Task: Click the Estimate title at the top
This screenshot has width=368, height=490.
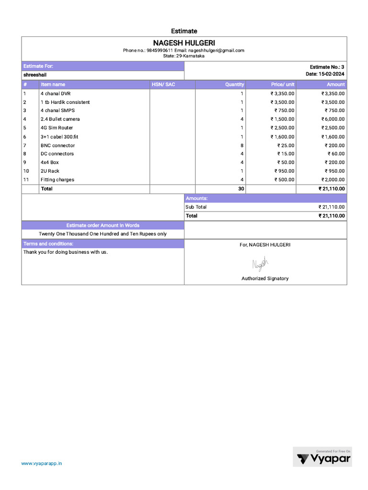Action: pyautogui.click(x=184, y=31)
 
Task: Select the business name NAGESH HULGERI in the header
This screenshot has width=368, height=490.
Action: pyautogui.click(x=184, y=43)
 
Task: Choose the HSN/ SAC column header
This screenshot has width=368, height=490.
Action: pyautogui.click(x=163, y=84)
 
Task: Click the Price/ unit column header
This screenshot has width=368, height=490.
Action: pyautogui.click(x=283, y=84)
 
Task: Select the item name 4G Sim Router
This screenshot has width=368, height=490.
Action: pyautogui.click(x=57, y=128)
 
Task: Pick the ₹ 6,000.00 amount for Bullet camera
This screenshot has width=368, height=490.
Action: pyautogui.click(x=333, y=119)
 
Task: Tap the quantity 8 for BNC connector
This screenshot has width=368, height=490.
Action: pyautogui.click(x=242, y=145)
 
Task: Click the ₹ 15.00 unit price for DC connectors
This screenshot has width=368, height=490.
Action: pyautogui.click(x=286, y=154)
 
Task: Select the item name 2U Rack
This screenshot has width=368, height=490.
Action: pyautogui.click(x=50, y=171)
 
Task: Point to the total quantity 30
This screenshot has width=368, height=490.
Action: pyautogui.click(x=241, y=189)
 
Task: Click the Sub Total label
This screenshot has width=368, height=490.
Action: pyautogui.click(x=196, y=207)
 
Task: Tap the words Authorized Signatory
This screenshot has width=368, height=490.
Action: pyautogui.click(x=265, y=278)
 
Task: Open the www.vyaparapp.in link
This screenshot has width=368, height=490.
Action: pyautogui.click(x=42, y=463)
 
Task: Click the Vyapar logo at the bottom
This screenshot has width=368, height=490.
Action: pyautogui.click(x=323, y=458)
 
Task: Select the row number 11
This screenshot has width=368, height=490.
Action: pyautogui.click(x=26, y=180)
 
